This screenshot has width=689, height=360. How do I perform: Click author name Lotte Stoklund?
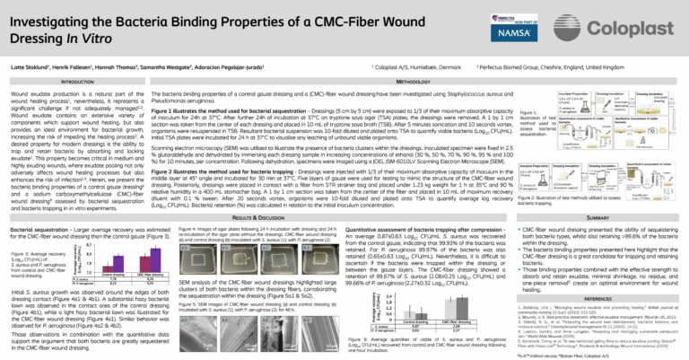(x=31, y=67)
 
